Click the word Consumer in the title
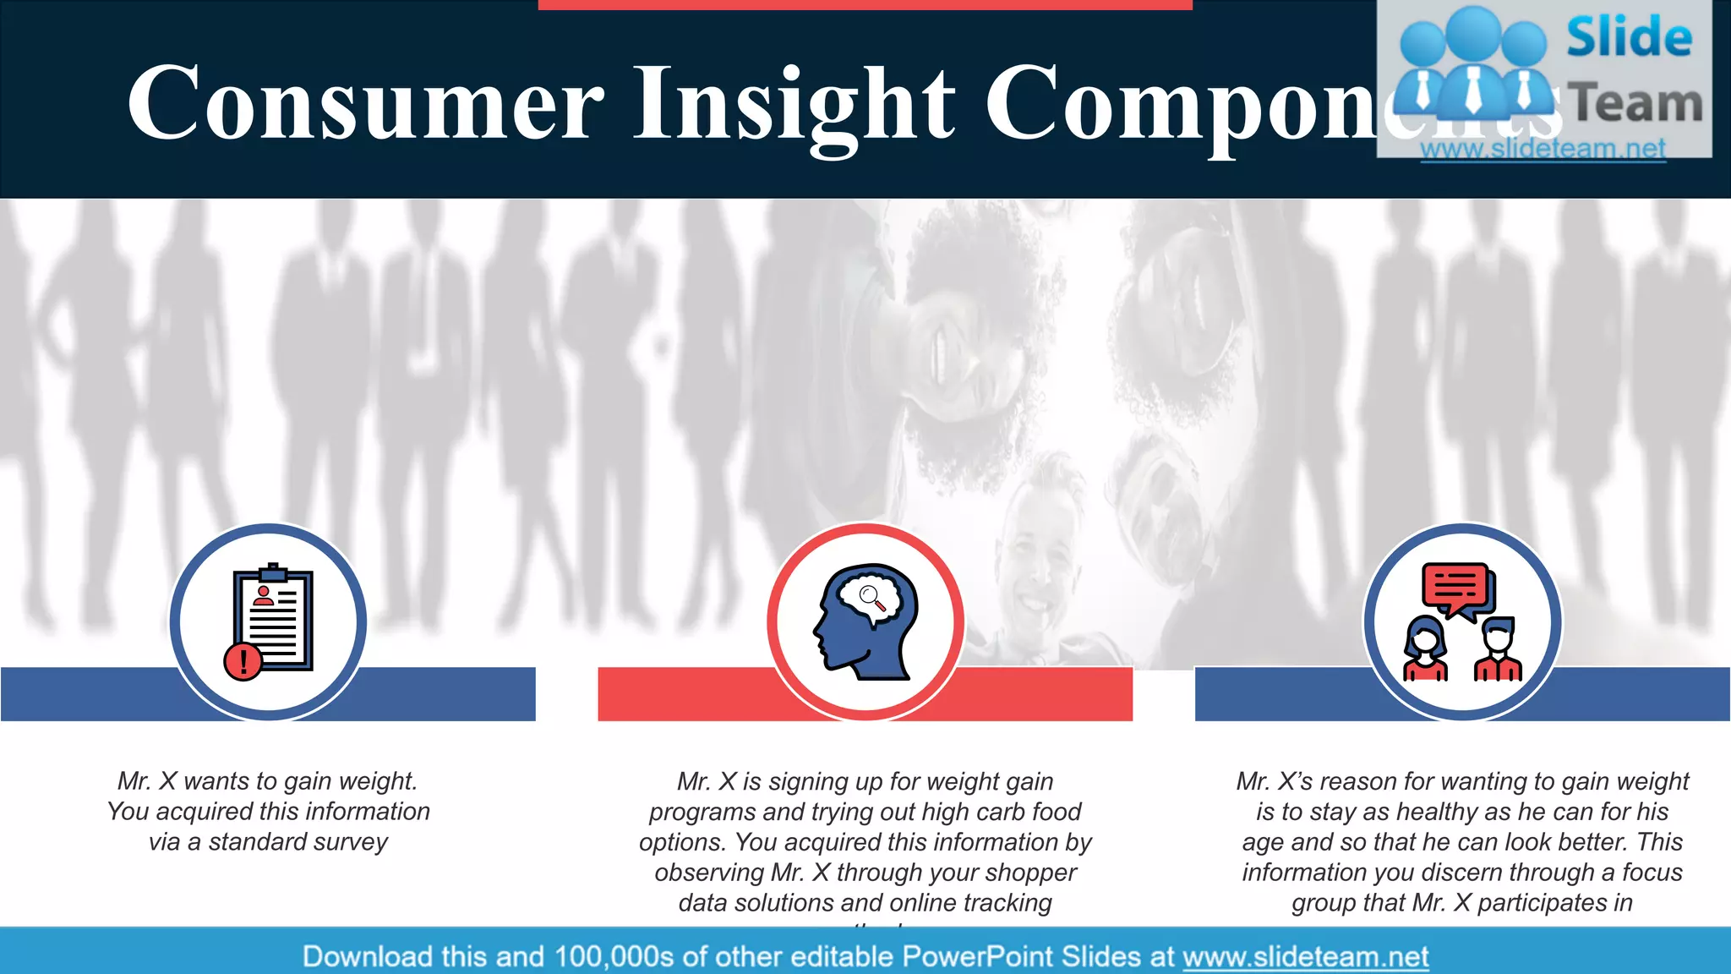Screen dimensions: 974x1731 click(x=365, y=103)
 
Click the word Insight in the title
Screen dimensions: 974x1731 click(x=795, y=103)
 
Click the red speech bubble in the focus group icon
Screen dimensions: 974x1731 click(x=1455, y=587)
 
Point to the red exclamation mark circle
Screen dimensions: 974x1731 click(x=243, y=660)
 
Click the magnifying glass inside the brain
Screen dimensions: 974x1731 click(x=871, y=597)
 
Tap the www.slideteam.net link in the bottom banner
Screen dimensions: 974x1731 click(x=1305, y=956)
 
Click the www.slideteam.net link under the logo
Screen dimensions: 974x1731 click(x=1543, y=149)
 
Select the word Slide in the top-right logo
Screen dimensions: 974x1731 click(x=1629, y=37)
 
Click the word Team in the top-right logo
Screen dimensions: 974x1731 click(x=1635, y=103)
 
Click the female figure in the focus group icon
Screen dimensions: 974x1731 click(x=1425, y=648)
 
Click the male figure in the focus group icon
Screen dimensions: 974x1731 click(x=1498, y=648)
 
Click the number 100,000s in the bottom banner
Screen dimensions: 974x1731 click(x=614, y=956)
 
